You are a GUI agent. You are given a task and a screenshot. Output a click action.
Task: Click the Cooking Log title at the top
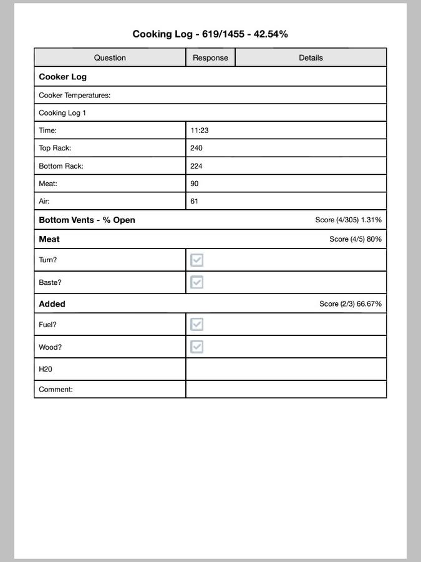pyautogui.click(x=210, y=34)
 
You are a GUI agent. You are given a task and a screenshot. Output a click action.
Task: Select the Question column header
pyautogui.click(x=110, y=57)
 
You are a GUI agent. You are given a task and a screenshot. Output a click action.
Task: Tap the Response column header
pyautogui.click(x=210, y=57)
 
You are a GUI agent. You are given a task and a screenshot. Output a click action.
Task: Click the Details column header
pyautogui.click(x=311, y=57)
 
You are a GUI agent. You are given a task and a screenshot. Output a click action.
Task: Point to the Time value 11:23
pyautogui.click(x=200, y=131)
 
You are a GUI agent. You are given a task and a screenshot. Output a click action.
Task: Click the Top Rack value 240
pyautogui.click(x=196, y=148)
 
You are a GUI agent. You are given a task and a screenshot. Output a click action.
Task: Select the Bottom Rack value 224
pyautogui.click(x=196, y=166)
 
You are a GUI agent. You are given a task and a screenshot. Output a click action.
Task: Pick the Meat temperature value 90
pyautogui.click(x=195, y=184)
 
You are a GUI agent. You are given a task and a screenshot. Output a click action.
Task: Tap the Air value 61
pyautogui.click(x=195, y=201)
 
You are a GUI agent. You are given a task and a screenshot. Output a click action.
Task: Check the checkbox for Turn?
pyautogui.click(x=197, y=260)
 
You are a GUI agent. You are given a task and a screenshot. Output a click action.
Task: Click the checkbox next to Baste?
pyautogui.click(x=197, y=282)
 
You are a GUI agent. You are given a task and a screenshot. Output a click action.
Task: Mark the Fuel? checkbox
pyautogui.click(x=197, y=324)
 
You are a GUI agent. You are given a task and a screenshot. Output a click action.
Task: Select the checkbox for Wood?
pyautogui.click(x=197, y=347)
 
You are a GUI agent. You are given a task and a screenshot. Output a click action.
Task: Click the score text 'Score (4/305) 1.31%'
pyautogui.click(x=349, y=220)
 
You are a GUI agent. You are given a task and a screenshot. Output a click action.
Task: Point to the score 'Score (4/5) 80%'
pyautogui.click(x=356, y=239)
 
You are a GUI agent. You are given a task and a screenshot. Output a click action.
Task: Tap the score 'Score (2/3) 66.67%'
pyautogui.click(x=351, y=304)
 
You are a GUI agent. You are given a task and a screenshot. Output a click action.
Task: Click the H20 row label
pyautogui.click(x=46, y=369)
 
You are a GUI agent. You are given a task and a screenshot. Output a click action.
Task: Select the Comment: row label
pyautogui.click(x=56, y=389)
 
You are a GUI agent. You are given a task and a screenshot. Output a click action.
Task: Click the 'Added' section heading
pyautogui.click(x=52, y=304)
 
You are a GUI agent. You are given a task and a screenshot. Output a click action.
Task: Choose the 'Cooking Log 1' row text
pyautogui.click(x=62, y=113)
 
